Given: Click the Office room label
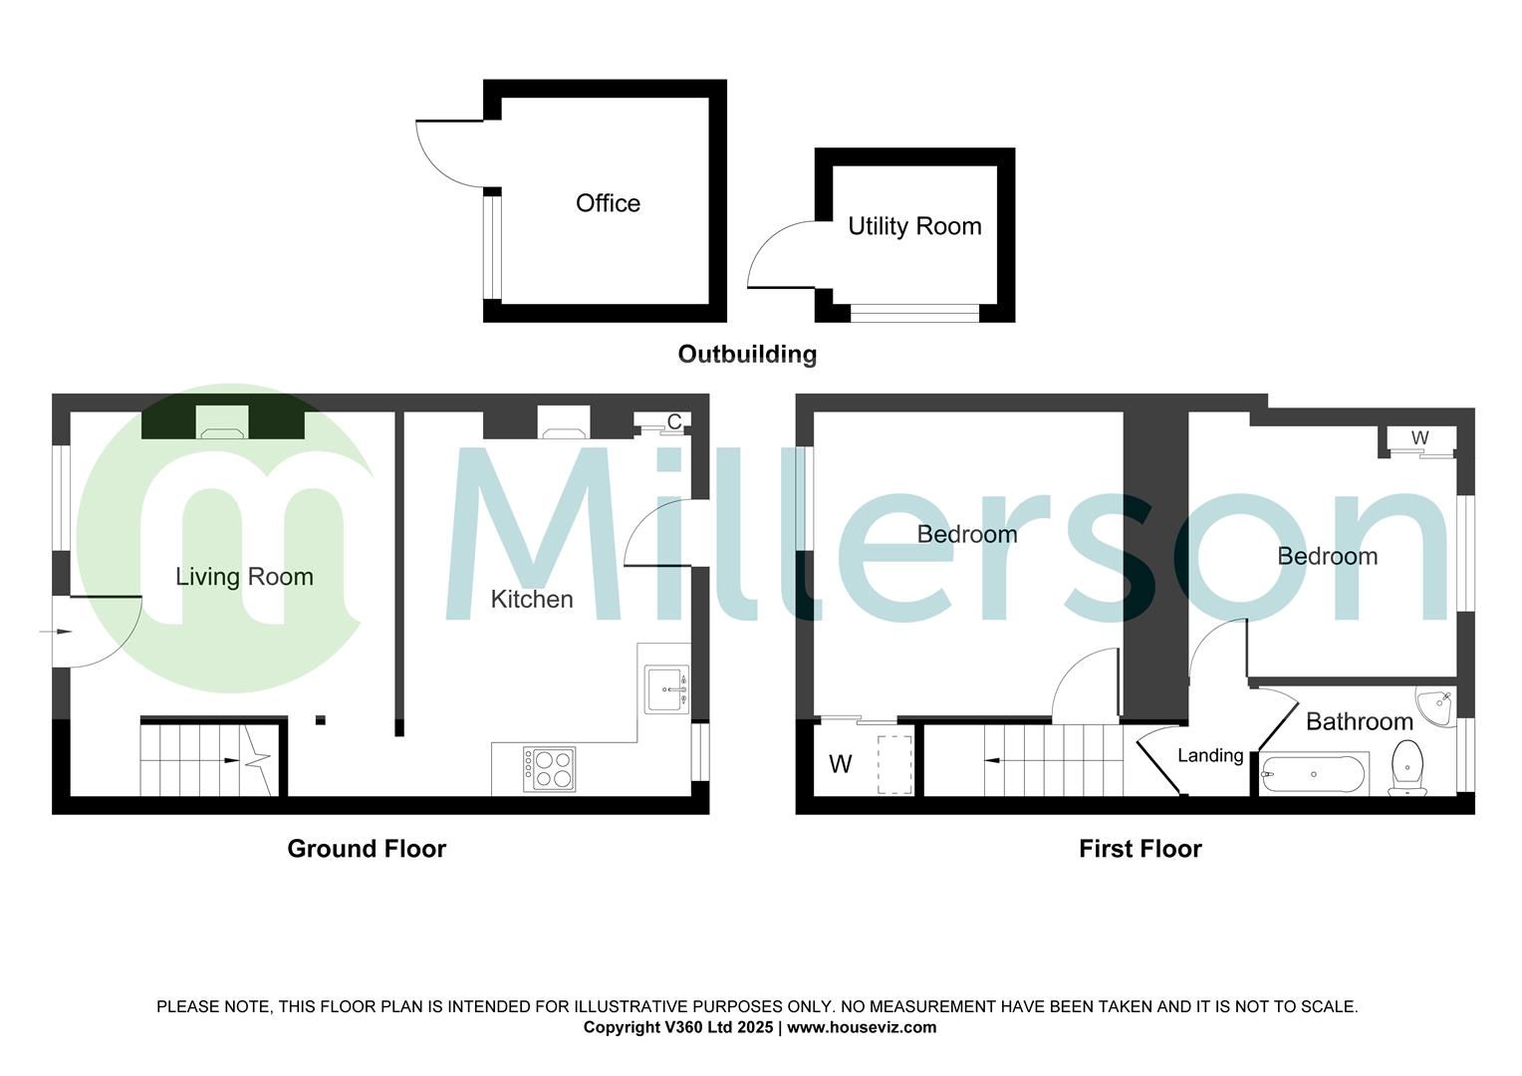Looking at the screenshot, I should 608,203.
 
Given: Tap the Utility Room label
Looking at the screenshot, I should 914,226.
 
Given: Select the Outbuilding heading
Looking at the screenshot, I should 747,354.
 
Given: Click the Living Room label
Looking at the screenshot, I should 244,577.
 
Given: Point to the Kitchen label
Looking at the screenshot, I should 532,599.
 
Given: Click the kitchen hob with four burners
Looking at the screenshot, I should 549,769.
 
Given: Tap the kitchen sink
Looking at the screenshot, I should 666,688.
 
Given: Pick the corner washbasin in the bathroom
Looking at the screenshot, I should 1437,704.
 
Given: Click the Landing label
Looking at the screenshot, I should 1210,755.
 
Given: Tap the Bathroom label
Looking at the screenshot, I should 1359,721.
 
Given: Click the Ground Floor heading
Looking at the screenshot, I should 367,849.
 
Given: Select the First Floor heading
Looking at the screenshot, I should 1141,849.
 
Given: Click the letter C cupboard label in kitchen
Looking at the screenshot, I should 674,421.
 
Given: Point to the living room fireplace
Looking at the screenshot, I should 222,422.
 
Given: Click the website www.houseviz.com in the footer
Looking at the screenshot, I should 862,1027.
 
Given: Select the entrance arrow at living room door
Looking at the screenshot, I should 59,632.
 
